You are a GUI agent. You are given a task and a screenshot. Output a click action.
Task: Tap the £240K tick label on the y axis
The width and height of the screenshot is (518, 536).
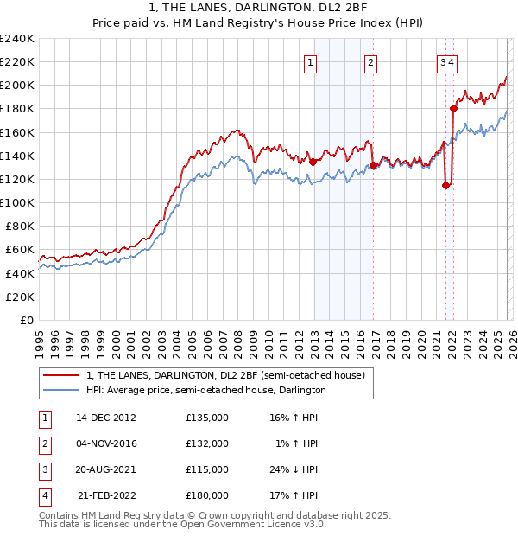[x=17, y=39]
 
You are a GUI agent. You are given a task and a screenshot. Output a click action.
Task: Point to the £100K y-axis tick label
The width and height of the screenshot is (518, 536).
[x=17, y=202]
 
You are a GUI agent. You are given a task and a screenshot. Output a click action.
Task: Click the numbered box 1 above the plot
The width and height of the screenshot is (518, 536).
[x=310, y=61]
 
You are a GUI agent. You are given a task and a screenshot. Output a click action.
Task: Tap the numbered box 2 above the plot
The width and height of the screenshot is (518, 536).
[x=370, y=61]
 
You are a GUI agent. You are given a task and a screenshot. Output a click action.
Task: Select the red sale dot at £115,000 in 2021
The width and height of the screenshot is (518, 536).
[x=445, y=184]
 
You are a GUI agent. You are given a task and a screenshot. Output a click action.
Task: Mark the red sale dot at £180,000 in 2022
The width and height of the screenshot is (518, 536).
[x=453, y=108]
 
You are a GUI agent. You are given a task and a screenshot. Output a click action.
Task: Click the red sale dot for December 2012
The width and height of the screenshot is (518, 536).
[x=313, y=161]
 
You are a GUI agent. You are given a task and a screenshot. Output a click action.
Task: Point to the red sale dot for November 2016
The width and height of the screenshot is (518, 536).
[x=373, y=165]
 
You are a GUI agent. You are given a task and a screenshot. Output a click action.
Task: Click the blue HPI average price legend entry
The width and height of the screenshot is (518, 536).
[x=205, y=391]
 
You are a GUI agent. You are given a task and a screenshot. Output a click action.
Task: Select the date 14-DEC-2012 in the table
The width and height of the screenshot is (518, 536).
[x=106, y=418]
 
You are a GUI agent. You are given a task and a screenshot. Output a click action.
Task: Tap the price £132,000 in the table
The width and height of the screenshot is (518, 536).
[x=207, y=443]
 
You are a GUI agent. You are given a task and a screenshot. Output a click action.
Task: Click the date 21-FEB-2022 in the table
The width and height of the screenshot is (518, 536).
[x=106, y=496]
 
